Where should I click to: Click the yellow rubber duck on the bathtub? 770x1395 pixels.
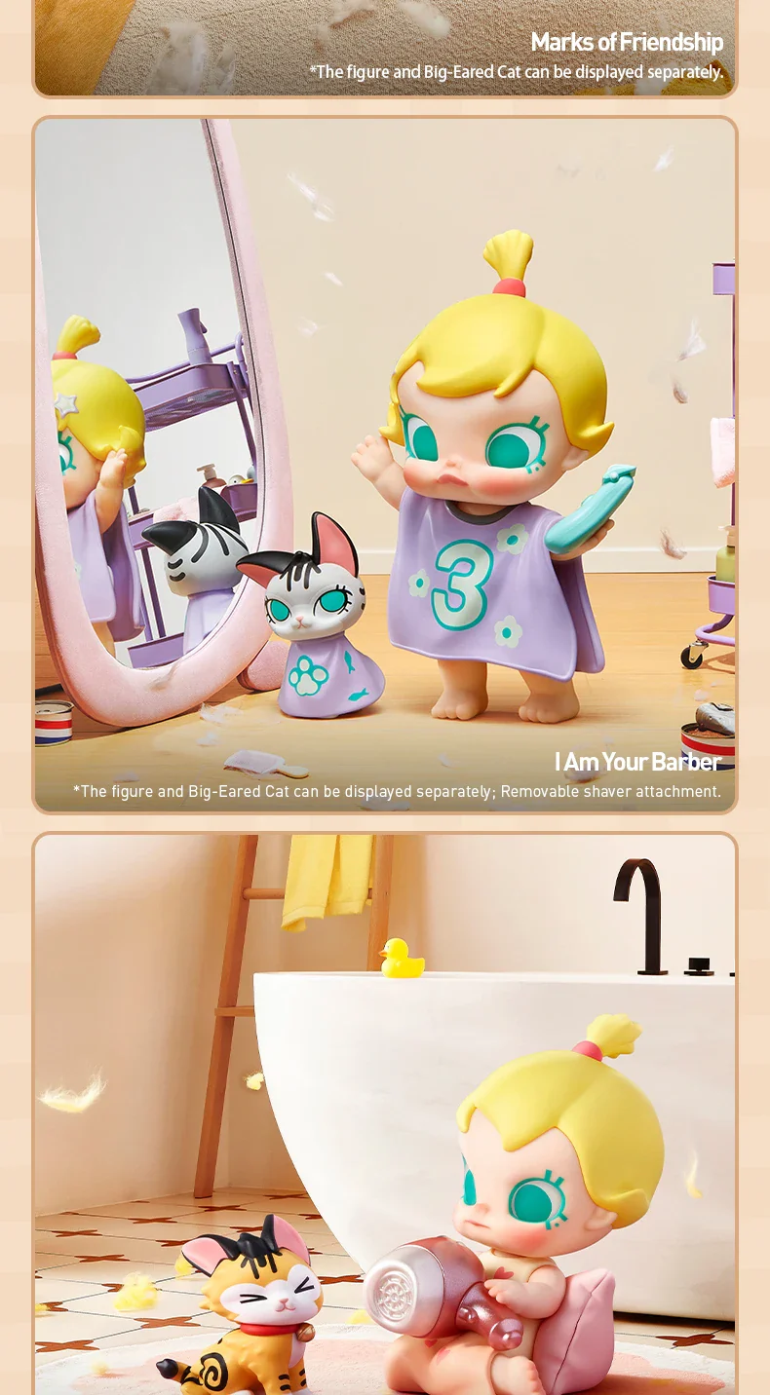click(x=402, y=959)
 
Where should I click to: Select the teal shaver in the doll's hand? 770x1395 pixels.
click(x=589, y=508)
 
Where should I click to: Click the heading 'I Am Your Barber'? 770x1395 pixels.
click(x=637, y=762)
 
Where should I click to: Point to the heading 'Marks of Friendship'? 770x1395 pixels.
click(x=627, y=43)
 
